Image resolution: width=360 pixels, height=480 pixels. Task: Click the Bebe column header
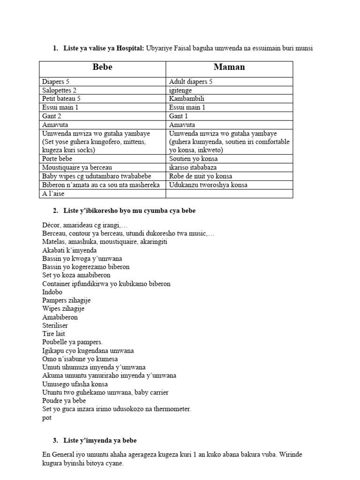(102, 67)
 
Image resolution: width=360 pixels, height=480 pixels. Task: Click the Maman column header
(229, 67)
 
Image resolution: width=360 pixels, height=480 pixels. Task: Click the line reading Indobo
(52, 292)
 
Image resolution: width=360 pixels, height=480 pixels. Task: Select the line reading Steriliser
(54, 326)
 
